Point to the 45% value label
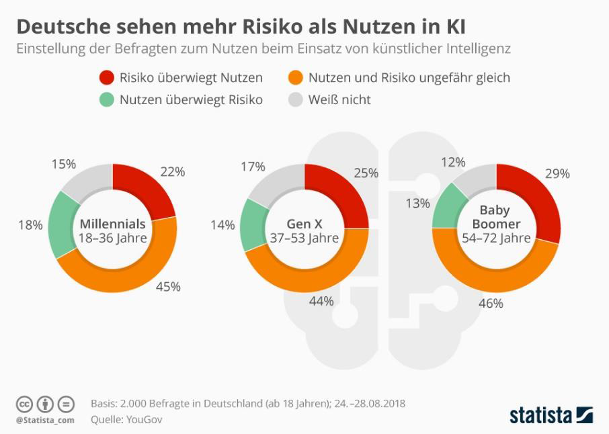click(x=169, y=287)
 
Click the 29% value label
click(x=557, y=173)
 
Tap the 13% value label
click(x=417, y=203)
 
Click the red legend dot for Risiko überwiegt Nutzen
click(x=106, y=78)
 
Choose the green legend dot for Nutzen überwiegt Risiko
click(x=106, y=100)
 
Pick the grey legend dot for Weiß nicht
click(x=294, y=100)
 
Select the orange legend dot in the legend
click(x=294, y=78)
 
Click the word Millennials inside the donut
click(x=112, y=224)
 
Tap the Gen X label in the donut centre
click(x=304, y=224)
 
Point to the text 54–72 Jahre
click(x=496, y=238)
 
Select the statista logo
click(x=551, y=414)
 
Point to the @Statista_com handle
click(x=45, y=420)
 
